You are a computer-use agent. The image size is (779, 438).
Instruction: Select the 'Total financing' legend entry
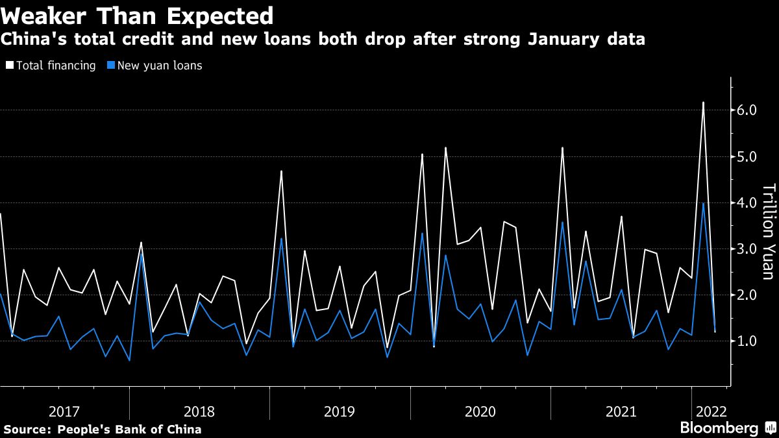51,66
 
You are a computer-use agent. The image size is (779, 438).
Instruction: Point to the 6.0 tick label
747,110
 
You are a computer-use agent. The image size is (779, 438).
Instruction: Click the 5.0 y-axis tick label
747,156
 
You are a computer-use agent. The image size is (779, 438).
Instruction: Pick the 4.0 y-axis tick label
747,202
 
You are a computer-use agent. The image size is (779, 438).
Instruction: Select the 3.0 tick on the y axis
747,249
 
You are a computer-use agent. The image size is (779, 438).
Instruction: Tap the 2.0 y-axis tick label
747,295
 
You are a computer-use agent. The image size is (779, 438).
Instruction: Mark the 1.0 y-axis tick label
747,341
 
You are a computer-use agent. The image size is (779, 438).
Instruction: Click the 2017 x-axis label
64,411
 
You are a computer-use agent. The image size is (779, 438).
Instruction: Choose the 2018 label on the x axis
199,411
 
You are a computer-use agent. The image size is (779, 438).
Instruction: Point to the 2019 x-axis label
340,411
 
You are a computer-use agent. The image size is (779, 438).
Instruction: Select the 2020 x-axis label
480,411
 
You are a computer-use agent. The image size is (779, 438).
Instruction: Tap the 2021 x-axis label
621,411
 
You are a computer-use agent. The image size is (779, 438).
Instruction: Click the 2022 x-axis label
711,411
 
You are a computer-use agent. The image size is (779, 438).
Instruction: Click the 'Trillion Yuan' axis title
768,232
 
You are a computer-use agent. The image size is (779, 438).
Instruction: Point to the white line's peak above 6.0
703,103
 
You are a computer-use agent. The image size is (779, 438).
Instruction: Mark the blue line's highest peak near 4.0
703,204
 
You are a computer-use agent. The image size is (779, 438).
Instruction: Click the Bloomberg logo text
719,428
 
